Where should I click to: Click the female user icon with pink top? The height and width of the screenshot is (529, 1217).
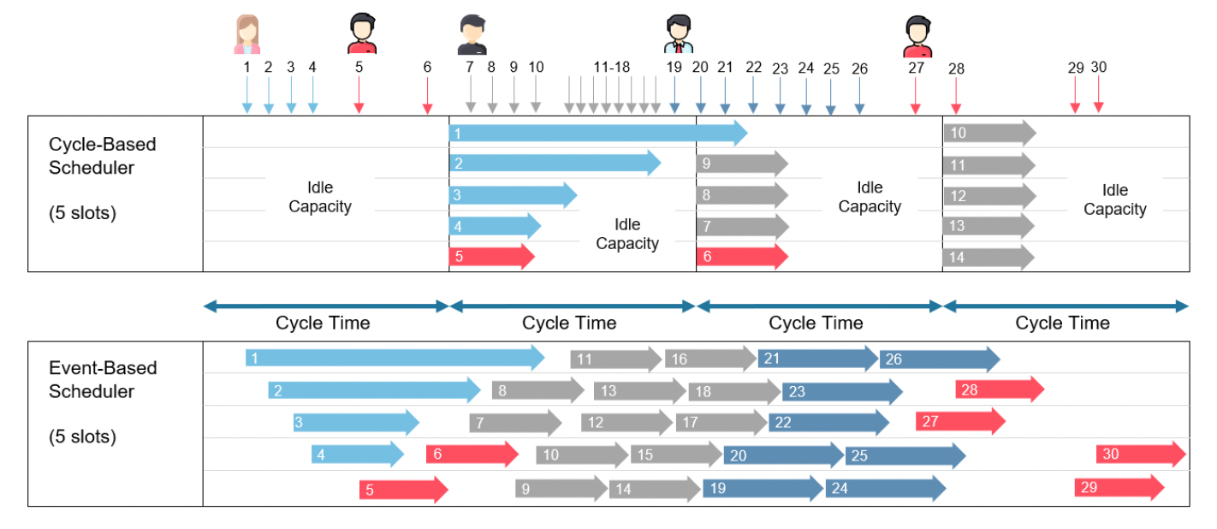247,34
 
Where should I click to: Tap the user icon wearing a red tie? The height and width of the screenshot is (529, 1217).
679,33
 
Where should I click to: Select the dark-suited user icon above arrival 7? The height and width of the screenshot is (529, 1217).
472,35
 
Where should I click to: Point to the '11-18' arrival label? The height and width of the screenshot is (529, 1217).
612,67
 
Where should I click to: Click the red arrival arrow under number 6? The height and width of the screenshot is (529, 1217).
428,96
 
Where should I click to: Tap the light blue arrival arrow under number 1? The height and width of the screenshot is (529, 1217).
247,95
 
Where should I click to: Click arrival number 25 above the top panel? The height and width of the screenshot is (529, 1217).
831,69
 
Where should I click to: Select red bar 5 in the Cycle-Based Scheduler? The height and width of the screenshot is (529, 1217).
492,256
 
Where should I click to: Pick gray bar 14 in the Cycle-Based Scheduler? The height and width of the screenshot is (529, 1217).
988,258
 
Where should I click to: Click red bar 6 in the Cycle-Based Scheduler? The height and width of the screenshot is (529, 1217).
742,256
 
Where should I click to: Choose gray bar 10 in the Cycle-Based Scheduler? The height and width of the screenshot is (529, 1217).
990,133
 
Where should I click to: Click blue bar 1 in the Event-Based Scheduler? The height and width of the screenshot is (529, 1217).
395,358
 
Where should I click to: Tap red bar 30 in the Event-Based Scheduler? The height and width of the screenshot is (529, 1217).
1141,454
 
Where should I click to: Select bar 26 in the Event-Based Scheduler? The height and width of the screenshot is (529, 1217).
940,359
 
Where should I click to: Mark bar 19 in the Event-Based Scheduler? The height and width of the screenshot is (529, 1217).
763,488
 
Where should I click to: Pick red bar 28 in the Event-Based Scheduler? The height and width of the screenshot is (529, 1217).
1000,389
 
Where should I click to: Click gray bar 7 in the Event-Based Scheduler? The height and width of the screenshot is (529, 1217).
515,423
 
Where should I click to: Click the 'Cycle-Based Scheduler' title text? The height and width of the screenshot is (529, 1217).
102,156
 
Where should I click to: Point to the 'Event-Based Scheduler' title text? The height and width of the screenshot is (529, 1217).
103,380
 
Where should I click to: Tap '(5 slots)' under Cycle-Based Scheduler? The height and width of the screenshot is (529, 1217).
82,213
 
